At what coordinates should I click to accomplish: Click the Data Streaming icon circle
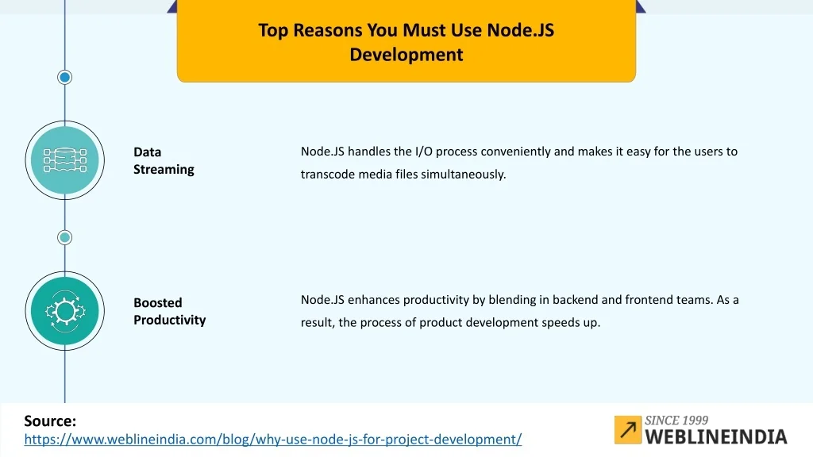[x=65, y=160]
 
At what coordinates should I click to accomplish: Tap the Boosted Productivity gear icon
[x=65, y=311]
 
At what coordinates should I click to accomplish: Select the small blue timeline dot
[x=65, y=77]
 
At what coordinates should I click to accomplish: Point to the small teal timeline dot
[x=65, y=237]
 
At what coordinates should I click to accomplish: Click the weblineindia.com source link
[x=273, y=440]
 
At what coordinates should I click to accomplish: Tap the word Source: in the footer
[x=50, y=421]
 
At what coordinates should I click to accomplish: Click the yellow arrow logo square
[x=628, y=429]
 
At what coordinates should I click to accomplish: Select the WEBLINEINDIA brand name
[x=716, y=437]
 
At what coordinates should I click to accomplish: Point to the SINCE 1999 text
[x=676, y=421]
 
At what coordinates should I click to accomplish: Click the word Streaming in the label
[x=164, y=170]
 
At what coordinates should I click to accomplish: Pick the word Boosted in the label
[x=158, y=302]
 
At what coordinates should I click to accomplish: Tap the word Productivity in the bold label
[x=170, y=321]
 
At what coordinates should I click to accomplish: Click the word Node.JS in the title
[x=520, y=30]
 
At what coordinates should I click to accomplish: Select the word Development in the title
[x=406, y=55]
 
